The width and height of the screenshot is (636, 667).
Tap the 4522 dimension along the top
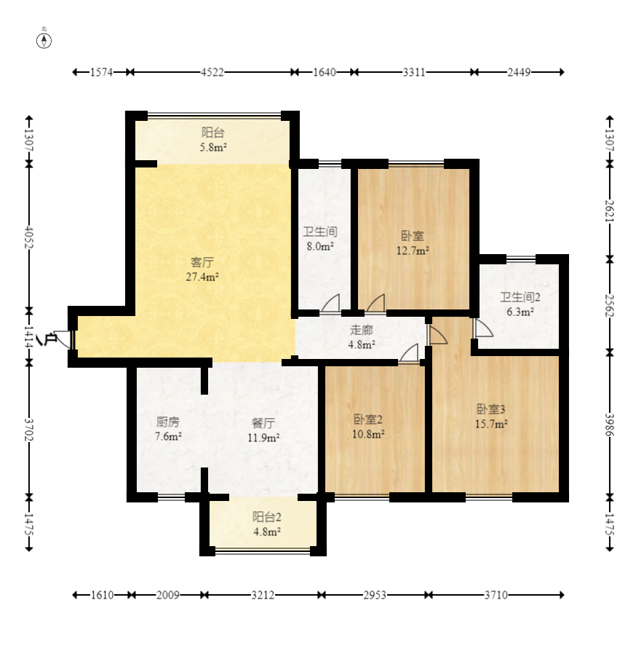coord(212,72)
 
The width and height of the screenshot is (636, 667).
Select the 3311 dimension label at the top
coord(414,72)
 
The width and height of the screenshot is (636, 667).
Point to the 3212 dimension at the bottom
coord(262,595)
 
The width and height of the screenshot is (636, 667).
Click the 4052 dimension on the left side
coord(29,237)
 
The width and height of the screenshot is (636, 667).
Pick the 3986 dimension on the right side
coord(610,425)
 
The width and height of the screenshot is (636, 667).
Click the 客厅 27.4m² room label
coord(202,269)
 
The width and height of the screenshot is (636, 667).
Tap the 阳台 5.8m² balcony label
coord(213,140)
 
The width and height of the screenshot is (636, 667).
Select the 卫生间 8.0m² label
coord(320,239)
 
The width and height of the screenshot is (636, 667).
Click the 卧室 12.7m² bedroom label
coord(413,243)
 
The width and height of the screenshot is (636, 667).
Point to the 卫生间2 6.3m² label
coord(520,304)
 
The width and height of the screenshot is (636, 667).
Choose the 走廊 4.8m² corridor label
coord(362,337)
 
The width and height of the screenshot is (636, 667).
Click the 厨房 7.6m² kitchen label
coord(168,429)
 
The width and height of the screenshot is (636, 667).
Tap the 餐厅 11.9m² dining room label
coord(263,430)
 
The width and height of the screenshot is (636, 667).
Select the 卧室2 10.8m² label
coord(368,427)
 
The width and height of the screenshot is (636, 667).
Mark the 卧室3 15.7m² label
coord(491,417)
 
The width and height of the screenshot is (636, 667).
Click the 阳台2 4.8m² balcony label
coord(266,524)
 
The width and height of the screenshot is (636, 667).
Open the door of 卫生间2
coord(482,328)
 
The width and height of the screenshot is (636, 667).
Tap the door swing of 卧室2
coord(409,353)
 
